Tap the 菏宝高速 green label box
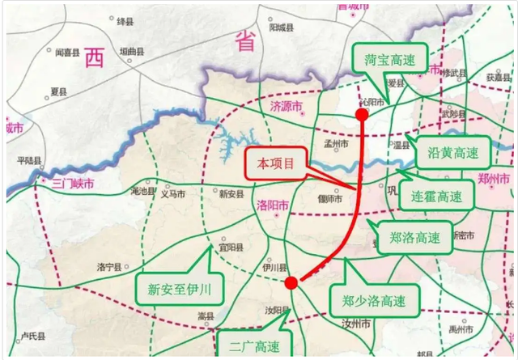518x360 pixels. tap(384, 59)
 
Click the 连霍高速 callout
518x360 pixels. tap(437, 196)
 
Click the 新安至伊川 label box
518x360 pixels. tap(177, 287)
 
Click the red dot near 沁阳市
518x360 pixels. tap(362, 114)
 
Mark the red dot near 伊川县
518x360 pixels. tap(290, 282)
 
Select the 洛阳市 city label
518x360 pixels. tap(272, 205)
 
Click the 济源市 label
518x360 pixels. tap(286, 107)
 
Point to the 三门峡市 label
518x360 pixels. tap(73, 184)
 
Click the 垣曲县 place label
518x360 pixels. tap(133, 52)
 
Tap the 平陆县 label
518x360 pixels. tap(29, 160)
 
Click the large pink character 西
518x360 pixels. tap(96, 57)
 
